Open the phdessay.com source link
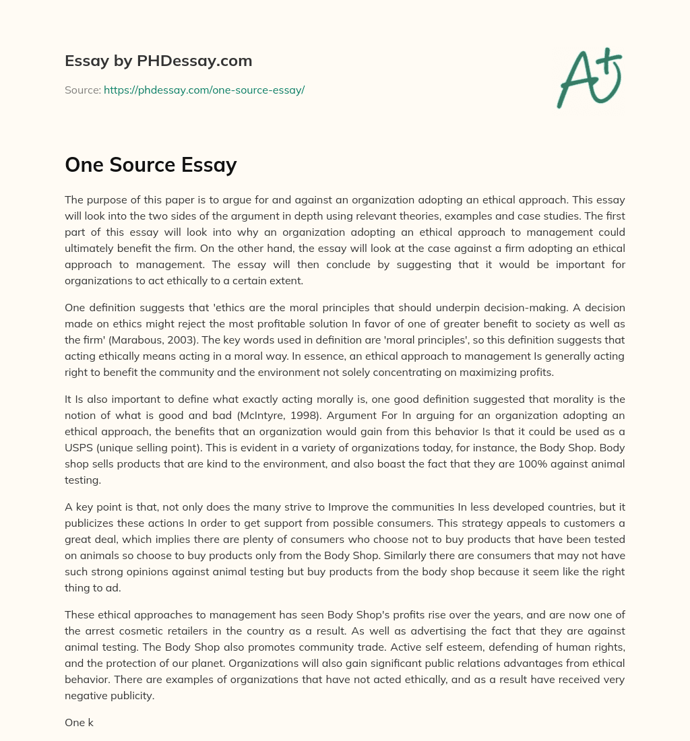pyautogui.click(x=204, y=90)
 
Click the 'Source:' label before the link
pyautogui.click(x=83, y=90)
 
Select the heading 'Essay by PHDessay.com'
pyautogui.click(x=158, y=61)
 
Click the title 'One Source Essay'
pyautogui.click(x=150, y=164)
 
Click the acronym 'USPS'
pyautogui.click(x=80, y=449)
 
